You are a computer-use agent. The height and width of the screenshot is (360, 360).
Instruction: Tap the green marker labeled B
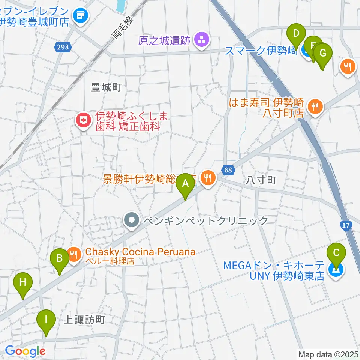pyautogui.click(x=60, y=258)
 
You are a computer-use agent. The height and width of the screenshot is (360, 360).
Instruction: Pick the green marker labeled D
pyautogui.click(x=296, y=34)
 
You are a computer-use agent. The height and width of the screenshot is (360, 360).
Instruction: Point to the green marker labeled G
pyautogui.click(x=322, y=54)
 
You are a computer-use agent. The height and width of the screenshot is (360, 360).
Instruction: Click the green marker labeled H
pyautogui.click(x=23, y=282)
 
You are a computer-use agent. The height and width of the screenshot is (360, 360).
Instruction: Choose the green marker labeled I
pyautogui.click(x=46, y=320)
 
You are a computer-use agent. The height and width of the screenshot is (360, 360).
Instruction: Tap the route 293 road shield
pyautogui.click(x=63, y=47)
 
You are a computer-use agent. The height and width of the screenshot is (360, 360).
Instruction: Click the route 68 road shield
pyautogui.click(x=229, y=170)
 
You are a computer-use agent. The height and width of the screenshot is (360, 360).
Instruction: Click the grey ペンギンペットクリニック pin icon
pyautogui.click(x=132, y=220)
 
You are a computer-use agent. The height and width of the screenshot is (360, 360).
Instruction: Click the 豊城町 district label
pyautogui.click(x=106, y=87)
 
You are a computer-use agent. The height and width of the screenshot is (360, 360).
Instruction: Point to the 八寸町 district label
pyautogui.click(x=261, y=180)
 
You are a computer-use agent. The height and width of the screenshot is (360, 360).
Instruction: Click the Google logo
pyautogui.click(x=25, y=351)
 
